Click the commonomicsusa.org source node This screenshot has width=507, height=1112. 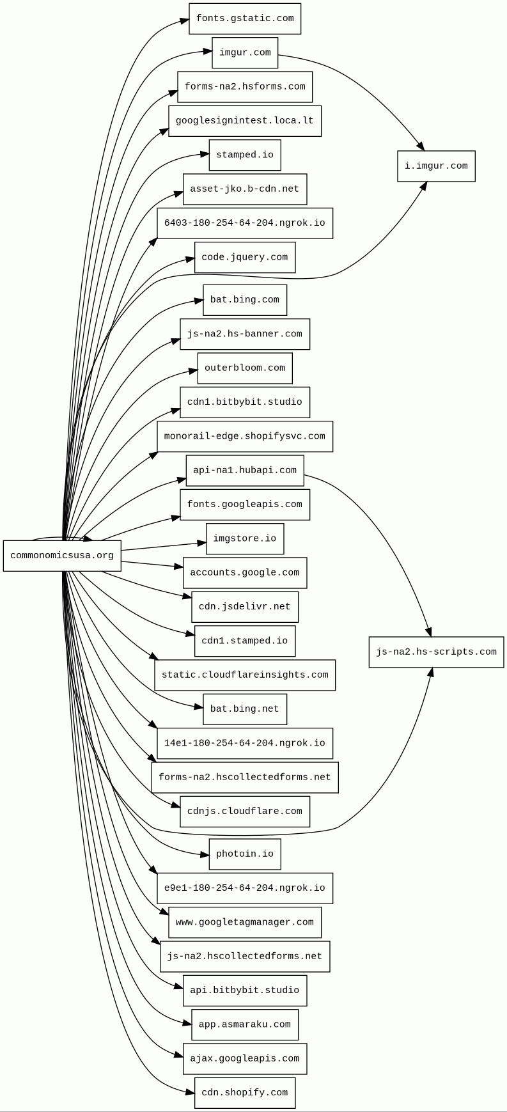(62, 556)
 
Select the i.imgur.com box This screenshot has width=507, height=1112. (436, 166)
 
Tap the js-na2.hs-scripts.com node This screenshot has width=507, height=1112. (436, 652)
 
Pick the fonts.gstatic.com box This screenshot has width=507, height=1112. (245, 19)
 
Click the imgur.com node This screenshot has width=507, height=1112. (245, 52)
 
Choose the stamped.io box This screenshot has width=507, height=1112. (245, 155)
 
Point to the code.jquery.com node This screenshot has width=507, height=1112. (245, 257)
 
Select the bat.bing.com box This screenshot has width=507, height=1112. (245, 300)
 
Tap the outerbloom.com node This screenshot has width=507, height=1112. (245, 368)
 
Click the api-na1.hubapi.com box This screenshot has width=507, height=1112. (245, 471)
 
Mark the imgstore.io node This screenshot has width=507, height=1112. (245, 538)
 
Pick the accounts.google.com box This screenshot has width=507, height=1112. (245, 573)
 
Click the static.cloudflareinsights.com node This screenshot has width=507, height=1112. (245, 675)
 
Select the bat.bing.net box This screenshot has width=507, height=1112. (245, 709)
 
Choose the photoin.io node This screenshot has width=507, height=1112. (245, 854)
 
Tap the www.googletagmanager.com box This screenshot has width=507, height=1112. (245, 923)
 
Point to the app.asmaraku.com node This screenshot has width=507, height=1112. (245, 1024)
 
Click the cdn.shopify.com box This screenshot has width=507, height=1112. (245, 1093)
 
